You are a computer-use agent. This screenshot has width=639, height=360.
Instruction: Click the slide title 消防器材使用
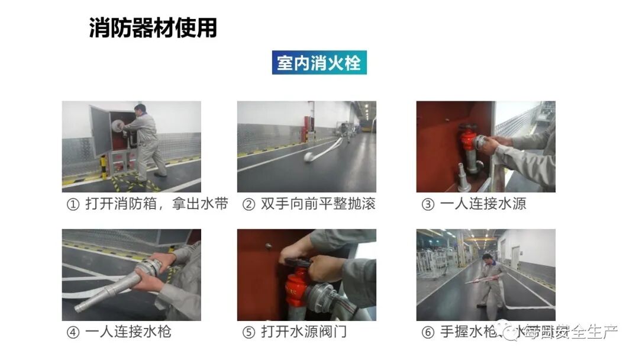153,28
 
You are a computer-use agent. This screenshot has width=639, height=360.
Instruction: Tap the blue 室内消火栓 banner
319,62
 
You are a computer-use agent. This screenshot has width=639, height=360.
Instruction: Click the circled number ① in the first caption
73,204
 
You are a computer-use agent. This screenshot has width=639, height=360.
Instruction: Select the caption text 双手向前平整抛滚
318,204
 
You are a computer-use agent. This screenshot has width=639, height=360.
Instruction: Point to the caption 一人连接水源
483,204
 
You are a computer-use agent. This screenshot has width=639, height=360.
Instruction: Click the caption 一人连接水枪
128,332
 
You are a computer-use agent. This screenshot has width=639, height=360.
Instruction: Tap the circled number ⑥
427,332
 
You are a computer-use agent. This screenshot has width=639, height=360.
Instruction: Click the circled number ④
73,332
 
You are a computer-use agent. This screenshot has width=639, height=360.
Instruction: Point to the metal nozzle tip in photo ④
83,307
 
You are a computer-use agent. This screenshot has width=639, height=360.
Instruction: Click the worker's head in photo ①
140,110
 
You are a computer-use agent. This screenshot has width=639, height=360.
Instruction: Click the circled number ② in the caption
249,204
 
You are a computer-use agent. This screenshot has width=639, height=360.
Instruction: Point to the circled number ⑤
248,332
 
